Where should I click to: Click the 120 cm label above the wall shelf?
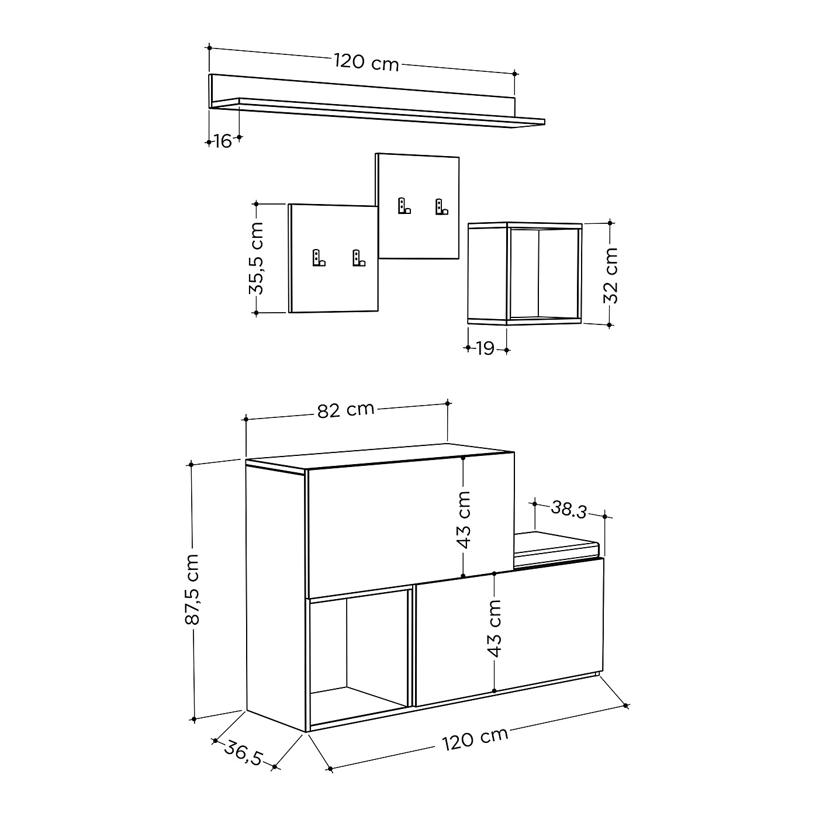(366, 62)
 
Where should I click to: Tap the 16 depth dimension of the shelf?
(223, 141)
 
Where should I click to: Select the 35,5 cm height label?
(256, 258)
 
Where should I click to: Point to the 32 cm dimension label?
(610, 275)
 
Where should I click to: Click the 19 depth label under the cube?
(485, 348)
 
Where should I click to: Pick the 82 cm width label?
(345, 410)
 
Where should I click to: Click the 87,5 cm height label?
(192, 589)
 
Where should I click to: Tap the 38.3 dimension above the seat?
(569, 510)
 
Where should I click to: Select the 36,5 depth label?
(244, 752)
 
